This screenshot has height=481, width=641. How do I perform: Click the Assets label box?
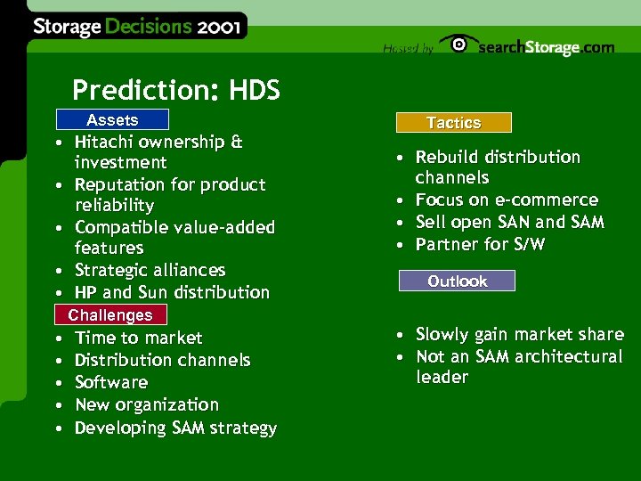(x=111, y=120)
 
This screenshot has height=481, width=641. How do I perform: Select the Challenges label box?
(x=110, y=315)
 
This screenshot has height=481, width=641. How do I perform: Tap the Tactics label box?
(x=453, y=123)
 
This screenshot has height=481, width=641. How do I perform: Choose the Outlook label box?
(x=457, y=281)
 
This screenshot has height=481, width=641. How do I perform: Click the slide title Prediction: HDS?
(x=175, y=90)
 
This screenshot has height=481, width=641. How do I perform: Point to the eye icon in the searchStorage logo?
(x=458, y=45)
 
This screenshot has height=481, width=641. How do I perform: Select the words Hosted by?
(x=408, y=49)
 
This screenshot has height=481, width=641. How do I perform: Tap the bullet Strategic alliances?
(x=150, y=270)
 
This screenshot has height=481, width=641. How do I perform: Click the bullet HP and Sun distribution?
(x=172, y=292)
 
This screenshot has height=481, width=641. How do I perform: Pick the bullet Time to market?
(x=138, y=338)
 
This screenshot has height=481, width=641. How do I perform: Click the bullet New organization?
(x=146, y=404)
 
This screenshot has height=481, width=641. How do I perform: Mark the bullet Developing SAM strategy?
(x=175, y=428)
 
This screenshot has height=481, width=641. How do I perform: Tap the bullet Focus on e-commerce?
(x=507, y=200)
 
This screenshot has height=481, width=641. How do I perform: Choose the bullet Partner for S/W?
(x=480, y=244)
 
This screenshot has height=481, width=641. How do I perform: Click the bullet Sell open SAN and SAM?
(x=509, y=222)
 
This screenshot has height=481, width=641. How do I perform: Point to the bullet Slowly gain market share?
(x=519, y=334)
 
